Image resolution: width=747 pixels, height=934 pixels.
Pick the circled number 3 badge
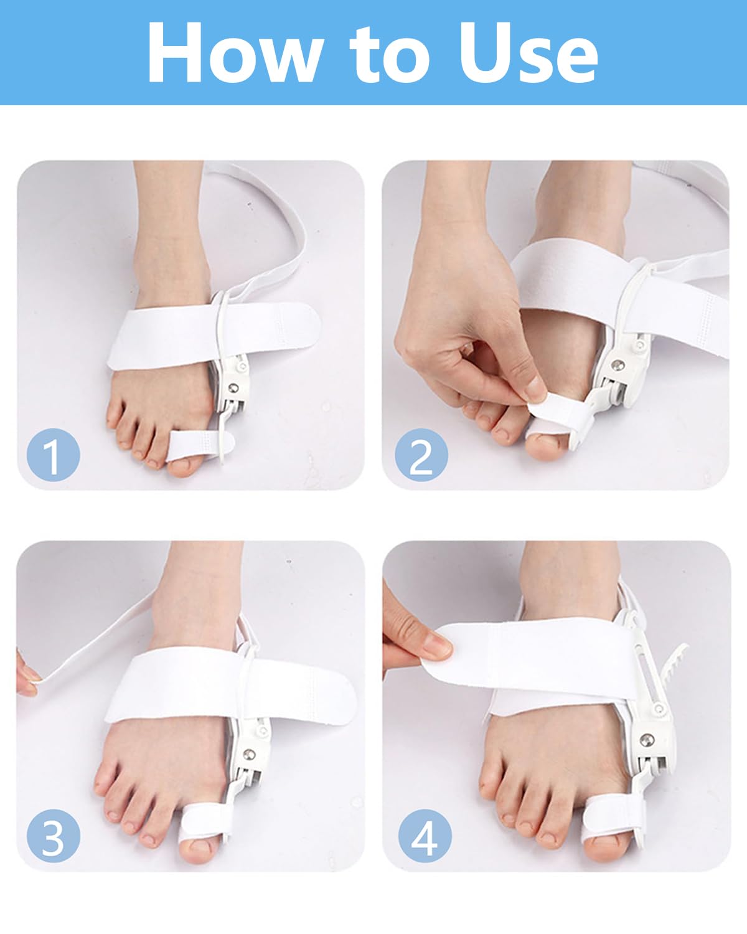pos(53,836)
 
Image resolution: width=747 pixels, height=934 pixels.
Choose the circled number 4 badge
pos(425,836)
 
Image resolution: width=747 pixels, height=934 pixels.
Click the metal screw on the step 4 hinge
pos(647,740)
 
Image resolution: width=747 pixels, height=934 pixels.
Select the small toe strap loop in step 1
pos(198,443)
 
